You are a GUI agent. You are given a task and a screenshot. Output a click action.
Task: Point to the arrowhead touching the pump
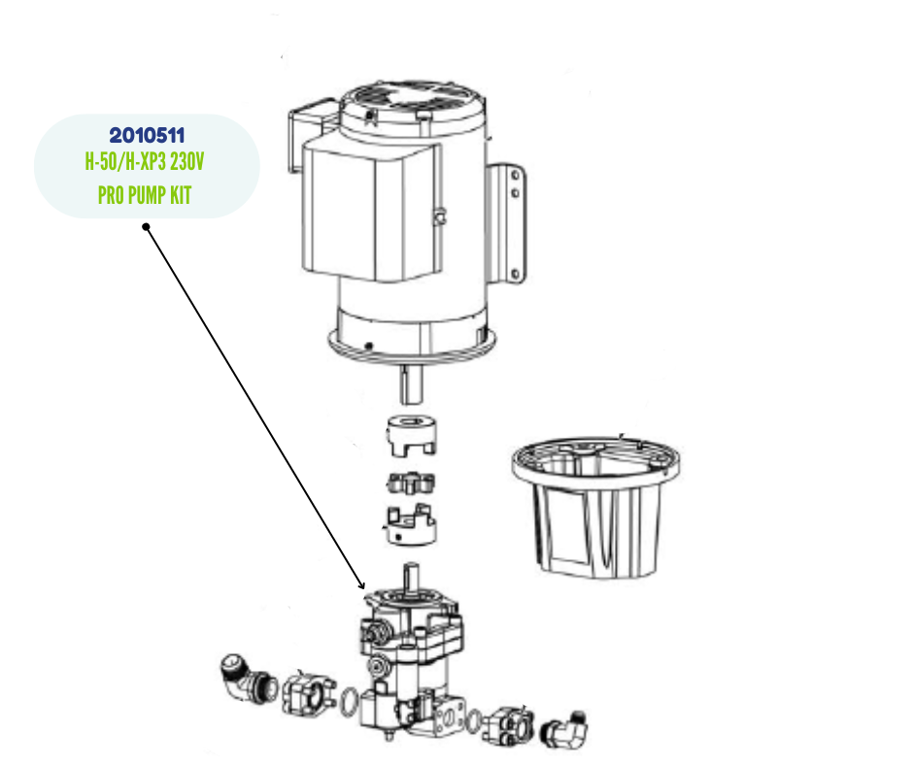pos(361,586)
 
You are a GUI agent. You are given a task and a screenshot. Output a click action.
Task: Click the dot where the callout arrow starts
pos(146,227)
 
